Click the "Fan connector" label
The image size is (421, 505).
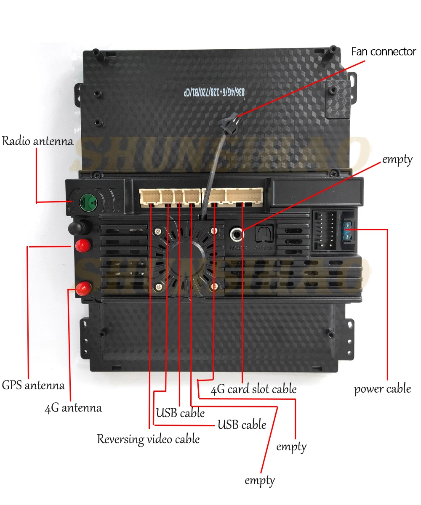pyautogui.click(x=383, y=52)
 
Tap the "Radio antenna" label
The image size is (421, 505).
pyautogui.click(x=37, y=141)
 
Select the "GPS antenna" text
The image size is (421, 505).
pyautogui.click(x=33, y=385)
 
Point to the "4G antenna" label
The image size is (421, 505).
pyautogui.click(x=73, y=408)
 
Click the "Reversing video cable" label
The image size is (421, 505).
pyautogui.click(x=148, y=439)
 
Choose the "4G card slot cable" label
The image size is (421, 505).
pyautogui.click(x=253, y=389)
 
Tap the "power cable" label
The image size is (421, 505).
pyautogui.click(x=382, y=388)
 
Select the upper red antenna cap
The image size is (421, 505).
pyautogui.click(x=83, y=245)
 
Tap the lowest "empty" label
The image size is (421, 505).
pyautogui.click(x=260, y=481)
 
